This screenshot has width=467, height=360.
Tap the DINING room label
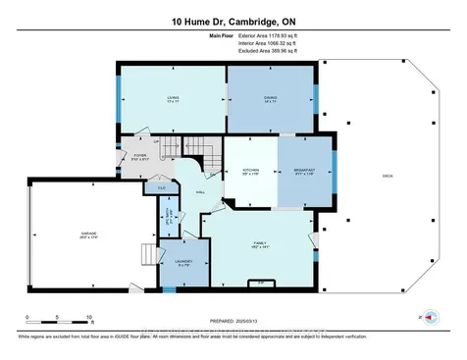(271, 99)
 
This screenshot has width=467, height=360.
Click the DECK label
(388, 174)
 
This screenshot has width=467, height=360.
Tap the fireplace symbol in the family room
(262, 283)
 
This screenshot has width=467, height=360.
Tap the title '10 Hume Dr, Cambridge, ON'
(233, 20)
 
